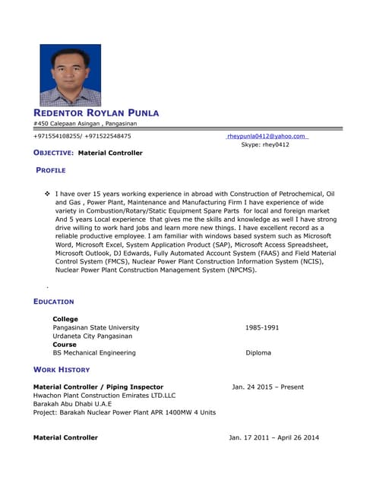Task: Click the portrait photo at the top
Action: pyautogui.click(x=70, y=74)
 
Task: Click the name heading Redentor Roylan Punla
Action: pyautogui.click(x=96, y=113)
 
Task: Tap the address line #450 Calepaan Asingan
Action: pyautogui.click(x=85, y=124)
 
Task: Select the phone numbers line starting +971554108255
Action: pyautogui.click(x=82, y=136)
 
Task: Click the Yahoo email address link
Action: pyautogui.click(x=267, y=136)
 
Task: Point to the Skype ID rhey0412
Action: pyautogui.click(x=265, y=144)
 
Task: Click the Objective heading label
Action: pyautogui.click(x=53, y=153)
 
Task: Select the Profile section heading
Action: pyautogui.click(x=51, y=170)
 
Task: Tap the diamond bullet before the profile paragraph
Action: pyautogui.click(x=47, y=194)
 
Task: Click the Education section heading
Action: pyautogui.click(x=54, y=301)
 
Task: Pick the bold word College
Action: pyautogui.click(x=65, y=319)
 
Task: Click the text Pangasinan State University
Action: pyautogui.click(x=96, y=327)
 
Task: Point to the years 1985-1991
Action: pyautogui.click(x=262, y=327)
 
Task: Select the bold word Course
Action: pyautogui.click(x=65, y=344)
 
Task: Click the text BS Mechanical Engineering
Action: pyautogui.click(x=94, y=352)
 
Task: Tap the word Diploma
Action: pyautogui.click(x=258, y=352)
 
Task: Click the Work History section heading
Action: pyautogui.click(x=62, y=370)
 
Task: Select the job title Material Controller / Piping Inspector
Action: pyautogui.click(x=98, y=387)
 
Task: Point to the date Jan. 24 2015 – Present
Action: pyautogui.click(x=267, y=387)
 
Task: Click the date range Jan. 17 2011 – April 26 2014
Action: pyautogui.click(x=273, y=437)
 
